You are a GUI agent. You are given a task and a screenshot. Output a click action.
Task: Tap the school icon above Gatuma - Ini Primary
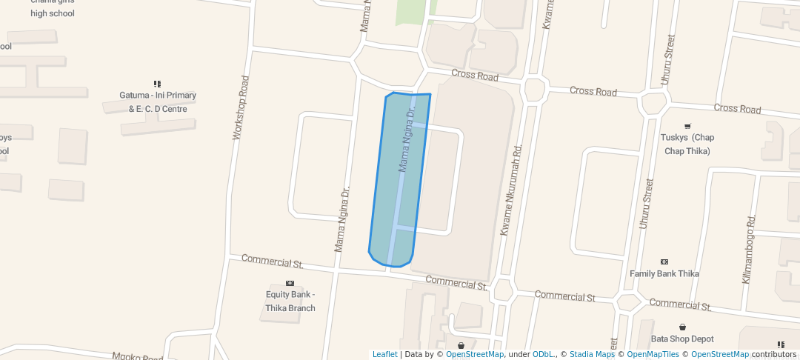coord(157,84)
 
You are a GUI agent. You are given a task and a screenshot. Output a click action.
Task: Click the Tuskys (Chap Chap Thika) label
coord(687,144)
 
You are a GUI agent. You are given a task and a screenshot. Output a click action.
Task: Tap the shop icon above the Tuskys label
coord(687,125)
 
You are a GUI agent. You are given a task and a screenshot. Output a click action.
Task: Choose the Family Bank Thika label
coord(664,273)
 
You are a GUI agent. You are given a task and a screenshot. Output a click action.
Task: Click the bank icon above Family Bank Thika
coord(664,261)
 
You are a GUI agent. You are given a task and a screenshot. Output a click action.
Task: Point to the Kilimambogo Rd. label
coord(749,250)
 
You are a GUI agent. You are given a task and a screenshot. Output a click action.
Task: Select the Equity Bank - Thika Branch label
coord(290,301)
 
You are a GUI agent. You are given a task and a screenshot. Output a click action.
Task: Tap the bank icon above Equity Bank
coord(290,283)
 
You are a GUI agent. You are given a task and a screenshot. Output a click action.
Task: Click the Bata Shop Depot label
coord(681,339)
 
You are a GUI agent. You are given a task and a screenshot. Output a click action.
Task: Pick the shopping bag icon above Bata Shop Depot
coord(682,327)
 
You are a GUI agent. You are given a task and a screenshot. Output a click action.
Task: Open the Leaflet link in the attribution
coord(384,354)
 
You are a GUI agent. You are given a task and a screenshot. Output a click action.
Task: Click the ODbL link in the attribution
coord(544,354)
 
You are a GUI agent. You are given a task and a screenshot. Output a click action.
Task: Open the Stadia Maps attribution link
coord(592,354)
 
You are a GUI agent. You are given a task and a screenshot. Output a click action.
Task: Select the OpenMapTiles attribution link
coord(653,354)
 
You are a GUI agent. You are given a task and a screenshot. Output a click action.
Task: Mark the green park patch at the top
coord(412,11)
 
